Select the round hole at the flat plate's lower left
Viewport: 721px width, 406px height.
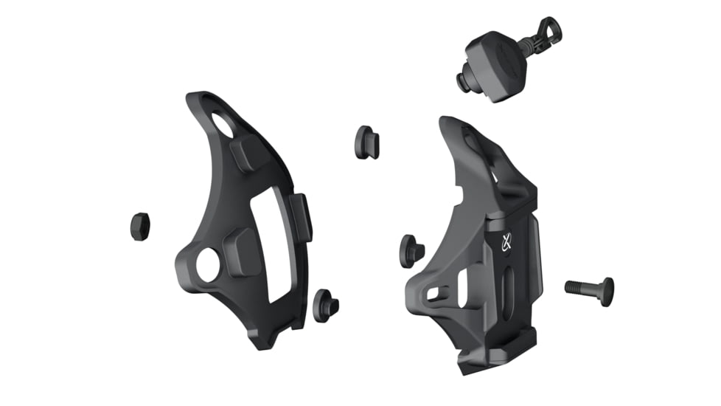[x=208, y=264]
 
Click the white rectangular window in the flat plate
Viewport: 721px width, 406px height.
[x=271, y=244]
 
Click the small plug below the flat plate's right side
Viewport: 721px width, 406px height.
[x=324, y=304]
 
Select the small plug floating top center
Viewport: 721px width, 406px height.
[x=367, y=142]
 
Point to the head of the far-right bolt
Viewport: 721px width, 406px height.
[x=607, y=292]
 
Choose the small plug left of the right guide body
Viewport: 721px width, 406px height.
[x=411, y=251]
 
